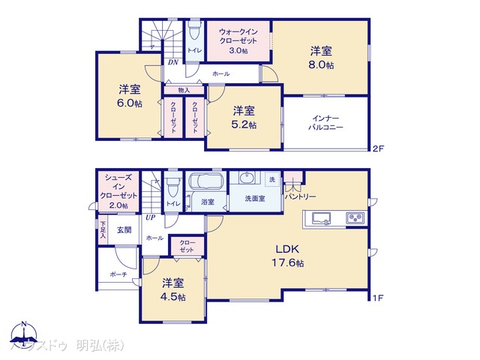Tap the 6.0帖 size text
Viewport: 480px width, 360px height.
point(129,103)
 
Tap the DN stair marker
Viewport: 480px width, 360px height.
point(172,63)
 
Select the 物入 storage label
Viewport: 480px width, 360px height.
point(184,90)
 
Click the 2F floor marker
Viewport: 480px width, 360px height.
point(378,149)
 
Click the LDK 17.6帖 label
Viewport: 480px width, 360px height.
point(288,256)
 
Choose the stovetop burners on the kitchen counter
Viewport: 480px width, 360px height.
point(354,218)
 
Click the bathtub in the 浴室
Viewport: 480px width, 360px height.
point(205,182)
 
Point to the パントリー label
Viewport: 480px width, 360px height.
point(300,196)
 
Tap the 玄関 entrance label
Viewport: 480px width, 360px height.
point(124,230)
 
